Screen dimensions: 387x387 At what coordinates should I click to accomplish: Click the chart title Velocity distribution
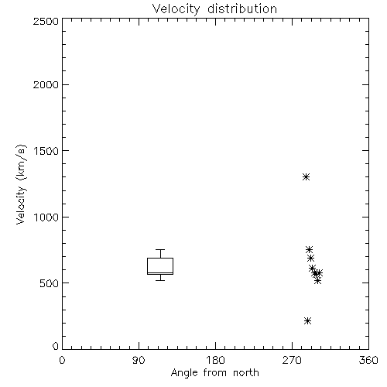tap(214, 9)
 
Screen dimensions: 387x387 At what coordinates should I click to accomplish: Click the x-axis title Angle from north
tap(214, 373)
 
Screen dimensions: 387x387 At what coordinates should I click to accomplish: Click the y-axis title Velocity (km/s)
tap(21, 184)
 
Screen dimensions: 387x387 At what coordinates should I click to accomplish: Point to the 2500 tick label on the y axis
tap(46, 21)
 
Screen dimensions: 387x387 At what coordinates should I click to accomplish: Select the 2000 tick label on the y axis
tap(46, 84)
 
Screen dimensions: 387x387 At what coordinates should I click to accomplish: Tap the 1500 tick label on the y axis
tap(46, 151)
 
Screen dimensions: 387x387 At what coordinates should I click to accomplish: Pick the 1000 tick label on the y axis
tap(46, 217)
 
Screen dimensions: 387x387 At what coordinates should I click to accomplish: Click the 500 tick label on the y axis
tap(50, 283)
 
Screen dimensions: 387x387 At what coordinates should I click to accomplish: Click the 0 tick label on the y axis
tap(56, 346)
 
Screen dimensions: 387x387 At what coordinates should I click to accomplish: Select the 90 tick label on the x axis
tap(139, 360)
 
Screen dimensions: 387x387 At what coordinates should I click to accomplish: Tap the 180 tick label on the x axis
tap(215, 360)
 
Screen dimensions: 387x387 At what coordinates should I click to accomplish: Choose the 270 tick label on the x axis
tap(292, 360)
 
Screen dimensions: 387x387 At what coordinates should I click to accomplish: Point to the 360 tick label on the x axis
tap(368, 360)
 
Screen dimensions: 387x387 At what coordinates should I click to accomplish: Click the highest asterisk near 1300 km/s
tap(306, 177)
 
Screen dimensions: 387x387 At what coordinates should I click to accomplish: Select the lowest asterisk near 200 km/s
tap(307, 321)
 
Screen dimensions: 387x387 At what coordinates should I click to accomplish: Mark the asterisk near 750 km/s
tap(309, 249)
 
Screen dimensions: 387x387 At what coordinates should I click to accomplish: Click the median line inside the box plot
tap(160, 272)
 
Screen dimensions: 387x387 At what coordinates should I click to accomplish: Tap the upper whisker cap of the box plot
tap(160, 249)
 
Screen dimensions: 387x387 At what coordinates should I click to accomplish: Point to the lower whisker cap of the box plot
tap(160, 280)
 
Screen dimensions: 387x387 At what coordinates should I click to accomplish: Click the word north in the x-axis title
tap(246, 373)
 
